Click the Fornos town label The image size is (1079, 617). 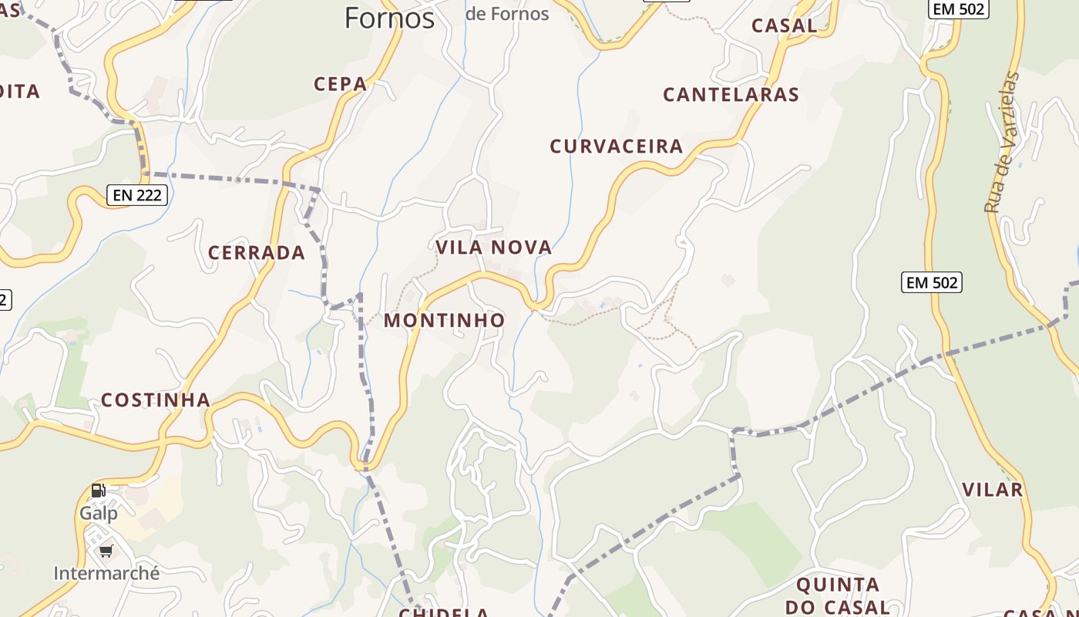click(x=389, y=17)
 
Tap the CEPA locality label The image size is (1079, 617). click(x=340, y=84)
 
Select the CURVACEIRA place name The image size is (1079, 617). click(x=617, y=147)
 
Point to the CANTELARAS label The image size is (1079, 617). click(x=731, y=95)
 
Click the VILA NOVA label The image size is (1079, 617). click(x=494, y=248)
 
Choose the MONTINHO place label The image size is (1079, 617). click(x=445, y=320)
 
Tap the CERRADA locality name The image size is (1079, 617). click(x=257, y=253)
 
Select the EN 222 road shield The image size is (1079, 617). click(x=138, y=195)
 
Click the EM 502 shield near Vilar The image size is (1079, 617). click(x=933, y=282)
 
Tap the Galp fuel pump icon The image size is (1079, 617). click(x=99, y=491)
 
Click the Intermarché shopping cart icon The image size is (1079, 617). click(x=106, y=551)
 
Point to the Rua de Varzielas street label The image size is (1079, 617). click(x=1002, y=143)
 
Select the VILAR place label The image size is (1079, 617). click(x=993, y=490)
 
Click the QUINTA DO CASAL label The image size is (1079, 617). click(x=838, y=595)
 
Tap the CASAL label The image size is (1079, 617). click(x=784, y=25)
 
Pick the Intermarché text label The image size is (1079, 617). click(x=106, y=573)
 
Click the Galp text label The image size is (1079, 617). click(x=99, y=513)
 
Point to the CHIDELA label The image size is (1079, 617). click(x=444, y=612)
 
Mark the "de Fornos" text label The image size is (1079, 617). click(x=508, y=13)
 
